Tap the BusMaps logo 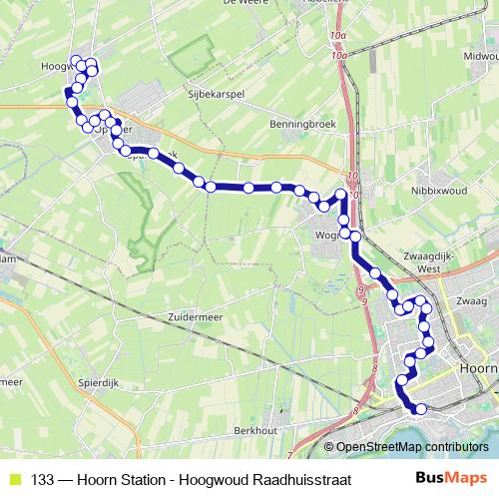click(451, 478)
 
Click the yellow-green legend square click(14, 479)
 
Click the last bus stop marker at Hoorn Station click(420, 408)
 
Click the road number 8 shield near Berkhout click(355, 411)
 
